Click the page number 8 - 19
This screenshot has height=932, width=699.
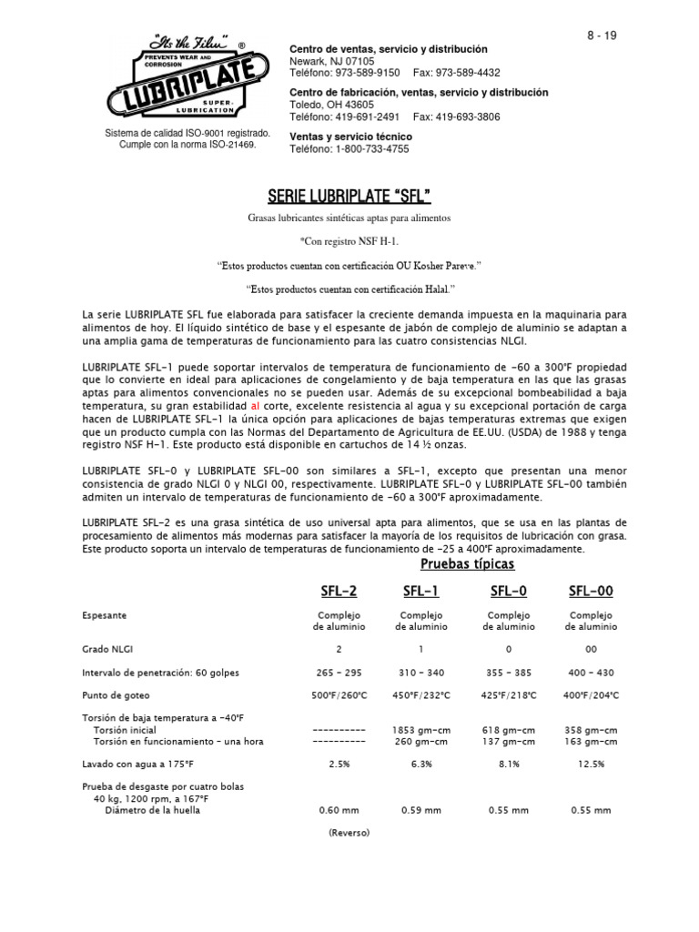(x=601, y=35)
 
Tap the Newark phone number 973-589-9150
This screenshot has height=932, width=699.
(x=370, y=73)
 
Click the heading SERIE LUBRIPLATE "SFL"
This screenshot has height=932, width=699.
(x=349, y=196)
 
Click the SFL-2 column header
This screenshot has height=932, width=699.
(x=339, y=592)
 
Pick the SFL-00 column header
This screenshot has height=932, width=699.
(x=591, y=592)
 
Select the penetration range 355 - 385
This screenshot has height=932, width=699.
(x=509, y=673)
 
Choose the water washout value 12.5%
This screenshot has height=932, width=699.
(x=591, y=765)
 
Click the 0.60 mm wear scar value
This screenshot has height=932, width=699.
(x=339, y=810)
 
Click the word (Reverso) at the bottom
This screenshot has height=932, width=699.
(x=349, y=832)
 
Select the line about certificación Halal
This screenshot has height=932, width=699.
(x=349, y=288)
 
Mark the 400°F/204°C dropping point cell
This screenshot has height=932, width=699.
(x=591, y=695)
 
